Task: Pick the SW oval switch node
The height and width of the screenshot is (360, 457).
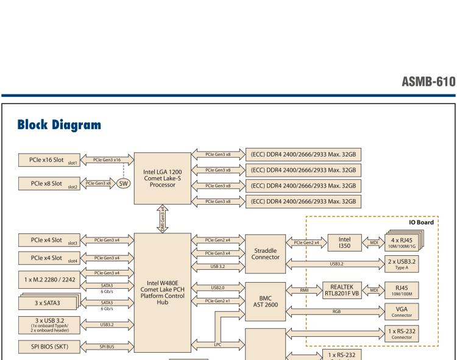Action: click(123, 183)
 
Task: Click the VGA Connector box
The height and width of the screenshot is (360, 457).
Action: click(402, 312)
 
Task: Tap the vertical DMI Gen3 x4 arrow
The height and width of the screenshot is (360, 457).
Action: click(161, 217)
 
